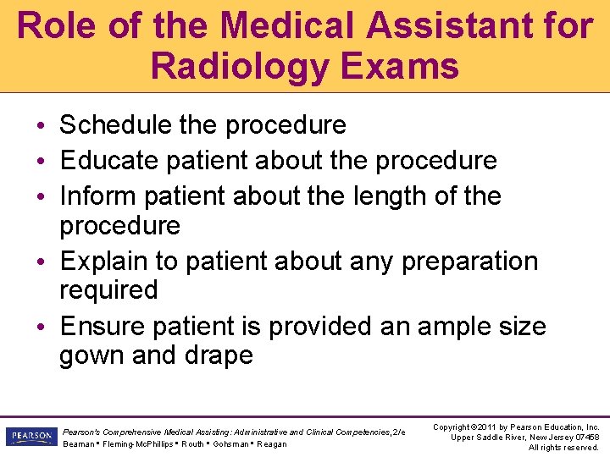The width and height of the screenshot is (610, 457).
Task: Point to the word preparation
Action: [469, 262]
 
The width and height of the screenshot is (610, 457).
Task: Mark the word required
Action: [108, 290]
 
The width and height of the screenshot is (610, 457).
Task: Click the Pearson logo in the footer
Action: [30, 437]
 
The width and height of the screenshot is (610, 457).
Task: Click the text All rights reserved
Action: [563, 447]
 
